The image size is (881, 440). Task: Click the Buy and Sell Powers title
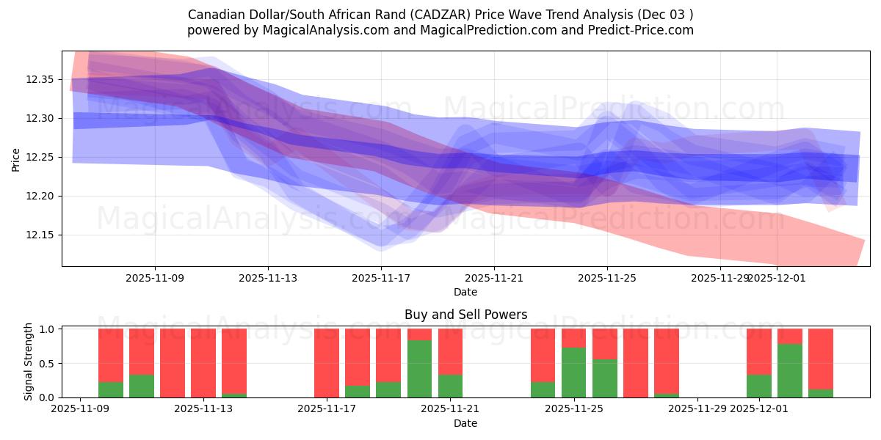click(465, 315)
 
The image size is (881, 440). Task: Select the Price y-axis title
click(16, 158)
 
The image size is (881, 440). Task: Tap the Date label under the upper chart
click(465, 292)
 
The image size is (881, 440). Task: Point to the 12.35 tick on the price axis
click(43, 79)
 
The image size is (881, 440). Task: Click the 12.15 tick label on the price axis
click(43, 235)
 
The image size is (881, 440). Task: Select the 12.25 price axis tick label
click(43, 158)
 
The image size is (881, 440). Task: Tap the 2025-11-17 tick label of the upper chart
click(381, 278)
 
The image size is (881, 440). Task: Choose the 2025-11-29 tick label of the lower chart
click(697, 409)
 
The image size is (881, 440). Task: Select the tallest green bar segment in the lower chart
click(419, 369)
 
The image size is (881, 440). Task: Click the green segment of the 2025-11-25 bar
click(573, 373)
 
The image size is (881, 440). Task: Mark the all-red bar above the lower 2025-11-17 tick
click(327, 363)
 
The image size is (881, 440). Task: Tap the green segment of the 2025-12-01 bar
click(759, 386)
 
